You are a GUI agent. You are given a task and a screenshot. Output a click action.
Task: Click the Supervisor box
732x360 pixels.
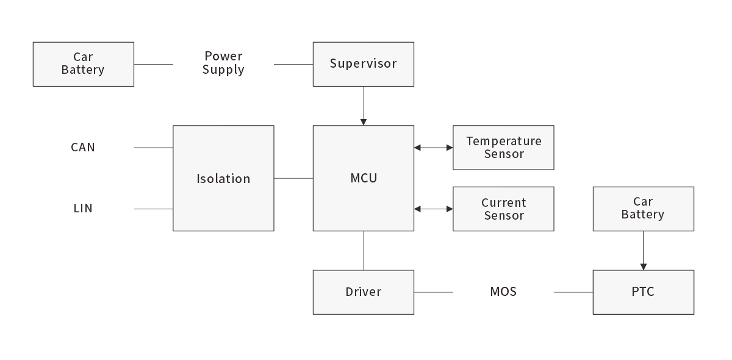coord(363,64)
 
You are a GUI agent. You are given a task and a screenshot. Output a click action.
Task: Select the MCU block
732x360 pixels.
coord(363,178)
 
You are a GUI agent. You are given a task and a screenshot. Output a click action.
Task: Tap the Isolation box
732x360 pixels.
coord(223,178)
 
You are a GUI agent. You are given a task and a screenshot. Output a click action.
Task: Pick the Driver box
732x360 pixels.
coord(363,292)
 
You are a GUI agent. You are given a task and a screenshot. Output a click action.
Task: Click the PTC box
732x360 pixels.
coord(643,292)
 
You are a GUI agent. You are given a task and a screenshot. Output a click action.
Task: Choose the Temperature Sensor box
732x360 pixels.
coord(503,148)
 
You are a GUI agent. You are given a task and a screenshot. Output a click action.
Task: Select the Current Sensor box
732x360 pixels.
coord(503,209)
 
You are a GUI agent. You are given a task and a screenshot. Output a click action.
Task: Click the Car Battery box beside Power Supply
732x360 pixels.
coord(83,64)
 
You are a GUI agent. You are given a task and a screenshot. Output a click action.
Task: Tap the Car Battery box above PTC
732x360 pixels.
coord(643,209)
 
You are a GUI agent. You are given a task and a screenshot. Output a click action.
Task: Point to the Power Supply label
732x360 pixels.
coord(223,63)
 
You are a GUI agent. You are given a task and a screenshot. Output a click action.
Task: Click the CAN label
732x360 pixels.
coord(83,148)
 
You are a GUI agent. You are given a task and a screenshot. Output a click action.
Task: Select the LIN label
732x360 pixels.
coord(83,209)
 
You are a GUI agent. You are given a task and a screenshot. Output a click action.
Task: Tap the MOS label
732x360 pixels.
coord(503,292)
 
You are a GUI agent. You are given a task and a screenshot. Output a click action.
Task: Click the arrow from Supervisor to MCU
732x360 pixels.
coord(364,106)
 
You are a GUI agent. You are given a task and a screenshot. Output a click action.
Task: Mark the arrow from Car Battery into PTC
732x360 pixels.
coord(643,250)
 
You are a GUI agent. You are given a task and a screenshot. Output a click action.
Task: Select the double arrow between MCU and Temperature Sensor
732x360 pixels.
coord(434,148)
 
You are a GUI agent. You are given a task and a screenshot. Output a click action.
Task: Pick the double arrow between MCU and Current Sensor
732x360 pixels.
coord(434,209)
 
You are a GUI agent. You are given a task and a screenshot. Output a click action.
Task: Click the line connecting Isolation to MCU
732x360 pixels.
coord(293,178)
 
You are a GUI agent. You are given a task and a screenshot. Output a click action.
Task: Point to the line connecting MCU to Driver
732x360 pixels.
coord(364,250)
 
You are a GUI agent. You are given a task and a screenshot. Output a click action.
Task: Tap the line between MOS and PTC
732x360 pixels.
coord(573,292)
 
